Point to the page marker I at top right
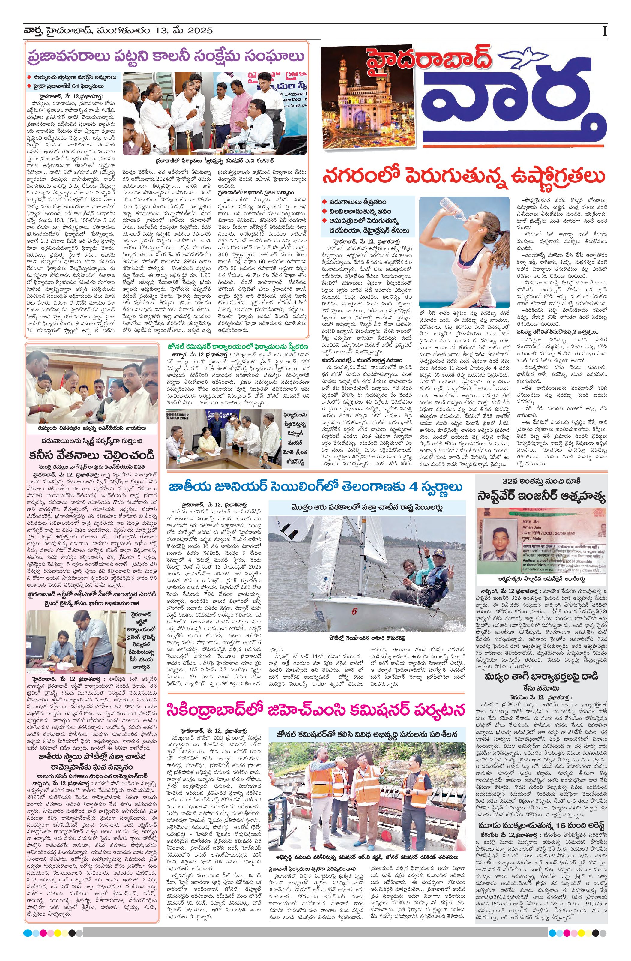click(604, 31)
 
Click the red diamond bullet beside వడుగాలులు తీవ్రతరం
click(324, 202)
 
